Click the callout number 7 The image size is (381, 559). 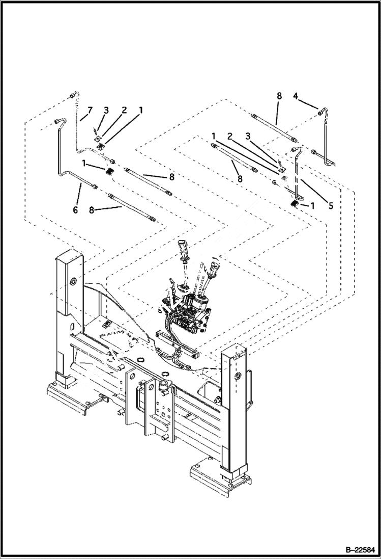tap(90, 110)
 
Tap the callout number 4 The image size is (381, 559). tap(295, 95)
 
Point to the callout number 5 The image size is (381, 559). tap(330, 206)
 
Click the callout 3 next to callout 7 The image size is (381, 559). tap(106, 110)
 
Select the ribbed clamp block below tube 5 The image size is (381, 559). tap(296, 204)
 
